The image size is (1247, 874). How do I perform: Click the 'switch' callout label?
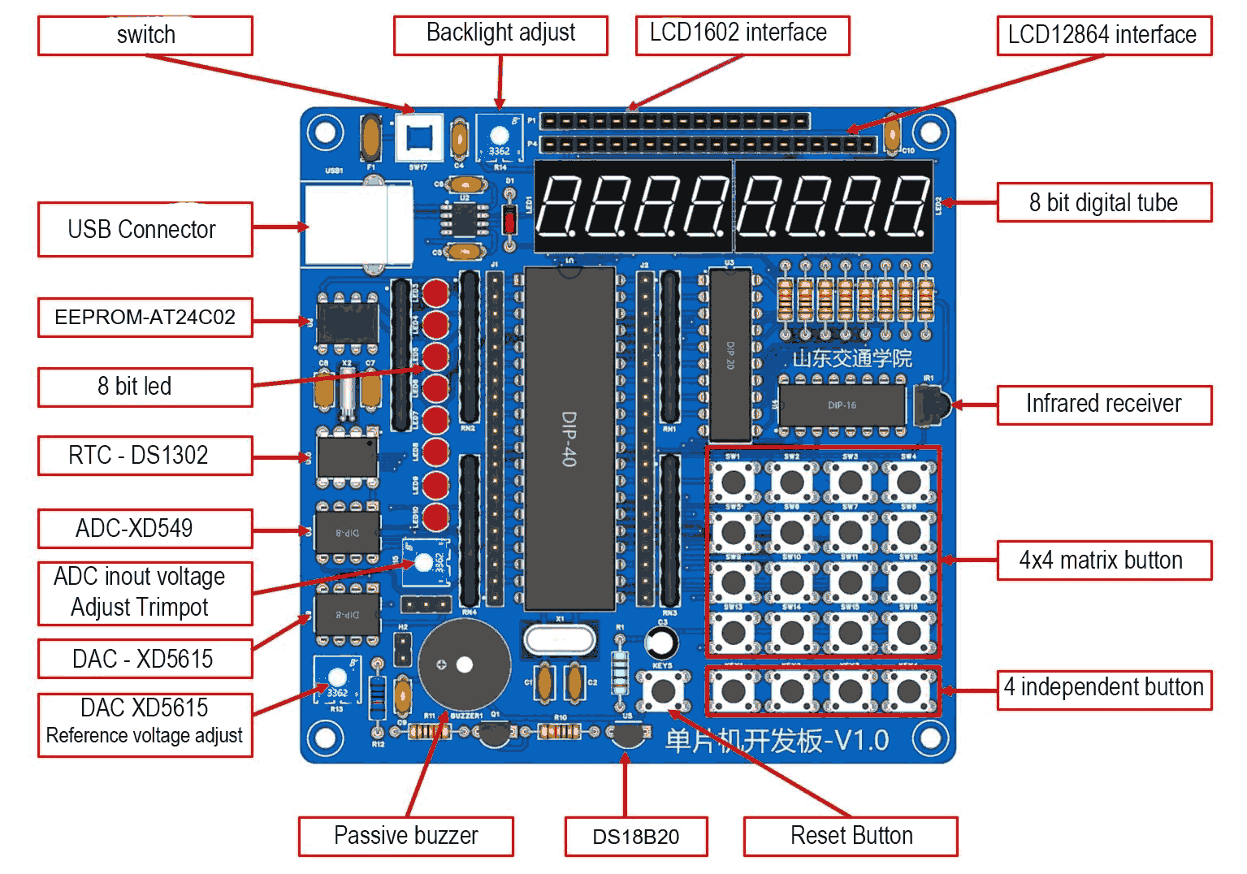tap(145, 36)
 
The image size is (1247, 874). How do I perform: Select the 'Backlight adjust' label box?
tap(500, 35)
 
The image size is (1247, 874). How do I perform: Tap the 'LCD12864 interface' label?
tap(1103, 36)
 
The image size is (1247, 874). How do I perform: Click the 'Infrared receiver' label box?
tap(1103, 405)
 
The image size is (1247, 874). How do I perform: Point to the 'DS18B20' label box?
tap(635, 837)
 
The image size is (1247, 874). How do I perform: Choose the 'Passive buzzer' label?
tap(405, 837)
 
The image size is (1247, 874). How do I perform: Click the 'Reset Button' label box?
tap(851, 837)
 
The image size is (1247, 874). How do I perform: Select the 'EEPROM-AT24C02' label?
tap(145, 317)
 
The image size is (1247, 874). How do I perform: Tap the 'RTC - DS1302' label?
tap(145, 456)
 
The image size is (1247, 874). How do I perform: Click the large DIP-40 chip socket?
tap(569, 439)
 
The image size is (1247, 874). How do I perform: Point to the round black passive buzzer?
tap(464, 664)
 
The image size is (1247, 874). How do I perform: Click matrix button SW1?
tap(734, 482)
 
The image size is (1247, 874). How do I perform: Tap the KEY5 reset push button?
tap(664, 692)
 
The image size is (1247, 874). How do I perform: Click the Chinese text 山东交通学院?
tap(851, 358)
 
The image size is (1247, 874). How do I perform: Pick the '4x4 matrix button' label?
tap(1103, 560)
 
